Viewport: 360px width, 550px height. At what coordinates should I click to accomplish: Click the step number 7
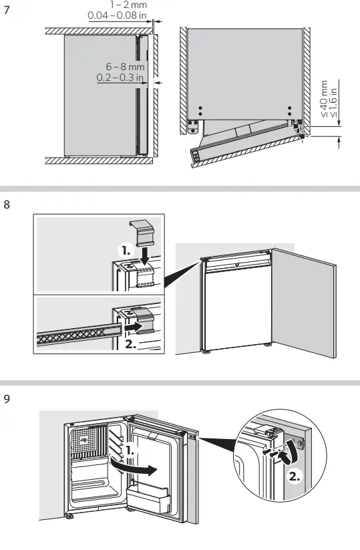point(7,11)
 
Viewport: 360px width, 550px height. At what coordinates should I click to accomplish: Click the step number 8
point(7,205)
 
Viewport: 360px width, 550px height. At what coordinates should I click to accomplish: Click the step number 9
point(7,400)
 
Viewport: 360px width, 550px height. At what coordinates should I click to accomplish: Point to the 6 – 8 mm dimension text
point(124,67)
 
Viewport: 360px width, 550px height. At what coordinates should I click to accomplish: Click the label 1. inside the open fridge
point(131,452)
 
